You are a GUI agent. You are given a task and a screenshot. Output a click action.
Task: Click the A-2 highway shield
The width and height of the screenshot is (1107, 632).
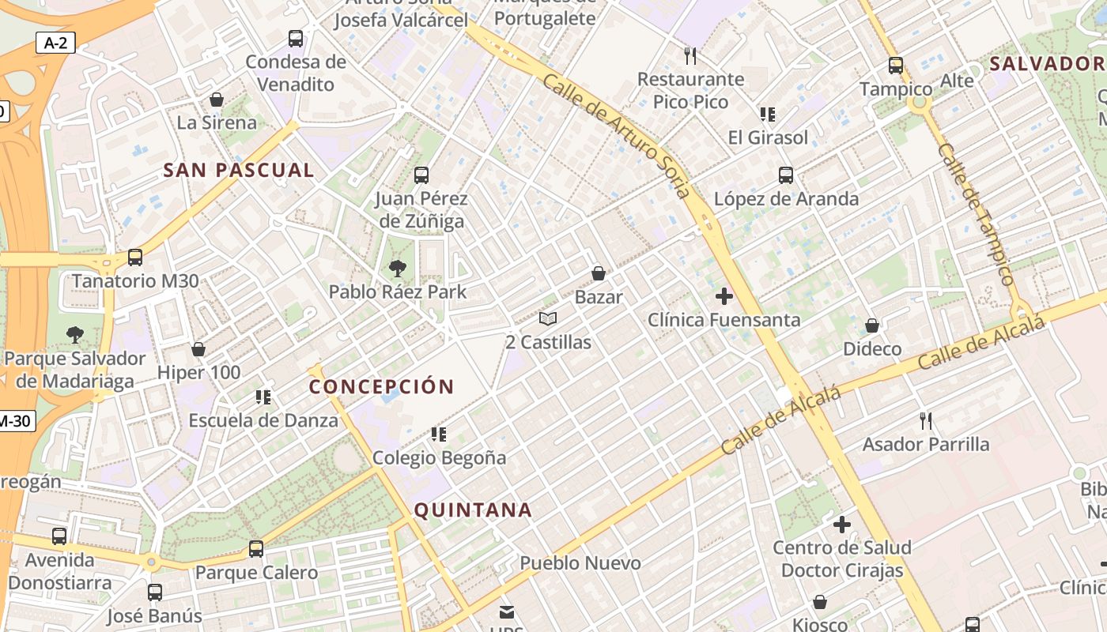[55, 43]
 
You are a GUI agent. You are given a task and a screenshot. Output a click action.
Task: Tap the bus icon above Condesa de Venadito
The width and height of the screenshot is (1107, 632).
[296, 38]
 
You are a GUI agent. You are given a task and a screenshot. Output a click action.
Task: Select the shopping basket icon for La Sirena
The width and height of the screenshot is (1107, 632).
[217, 100]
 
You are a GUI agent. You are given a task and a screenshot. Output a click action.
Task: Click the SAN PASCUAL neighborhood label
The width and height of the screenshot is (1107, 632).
[239, 170]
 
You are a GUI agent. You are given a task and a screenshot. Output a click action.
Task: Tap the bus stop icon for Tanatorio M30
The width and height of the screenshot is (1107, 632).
[135, 258]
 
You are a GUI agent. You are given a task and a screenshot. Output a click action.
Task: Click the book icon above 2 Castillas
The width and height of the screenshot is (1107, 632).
[548, 319]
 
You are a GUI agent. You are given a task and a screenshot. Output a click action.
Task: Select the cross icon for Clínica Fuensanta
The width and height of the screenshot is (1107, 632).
[724, 297]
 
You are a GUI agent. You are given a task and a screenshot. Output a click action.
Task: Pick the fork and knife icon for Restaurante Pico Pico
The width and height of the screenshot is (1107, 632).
[691, 55]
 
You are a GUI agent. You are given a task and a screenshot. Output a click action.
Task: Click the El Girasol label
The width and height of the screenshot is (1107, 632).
[769, 137]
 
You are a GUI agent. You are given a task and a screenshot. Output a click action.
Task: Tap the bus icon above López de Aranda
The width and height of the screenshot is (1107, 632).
[786, 175]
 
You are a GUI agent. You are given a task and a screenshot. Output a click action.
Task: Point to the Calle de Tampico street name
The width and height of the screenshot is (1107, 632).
[975, 213]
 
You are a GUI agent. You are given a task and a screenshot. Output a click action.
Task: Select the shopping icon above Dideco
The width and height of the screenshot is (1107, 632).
[872, 325]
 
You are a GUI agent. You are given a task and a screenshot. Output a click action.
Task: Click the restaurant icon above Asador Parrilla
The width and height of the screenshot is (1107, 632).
[926, 420]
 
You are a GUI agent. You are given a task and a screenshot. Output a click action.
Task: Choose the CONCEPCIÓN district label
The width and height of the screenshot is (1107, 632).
[382, 387]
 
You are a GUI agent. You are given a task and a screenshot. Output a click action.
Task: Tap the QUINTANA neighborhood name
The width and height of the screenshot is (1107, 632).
[473, 510]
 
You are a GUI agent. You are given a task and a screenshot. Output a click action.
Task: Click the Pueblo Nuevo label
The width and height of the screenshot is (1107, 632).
[580, 563]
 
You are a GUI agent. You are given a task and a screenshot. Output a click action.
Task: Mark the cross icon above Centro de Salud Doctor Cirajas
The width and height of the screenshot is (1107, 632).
[842, 524]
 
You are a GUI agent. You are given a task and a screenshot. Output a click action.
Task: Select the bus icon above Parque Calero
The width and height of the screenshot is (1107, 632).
[256, 549]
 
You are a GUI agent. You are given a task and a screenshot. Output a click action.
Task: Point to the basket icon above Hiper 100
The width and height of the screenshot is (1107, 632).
[198, 349]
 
